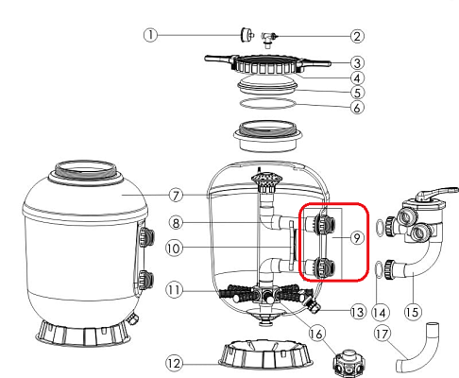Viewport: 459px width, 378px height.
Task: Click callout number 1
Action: pyautogui.click(x=149, y=34)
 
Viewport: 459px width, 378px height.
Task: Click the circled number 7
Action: pyautogui.click(x=177, y=196)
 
